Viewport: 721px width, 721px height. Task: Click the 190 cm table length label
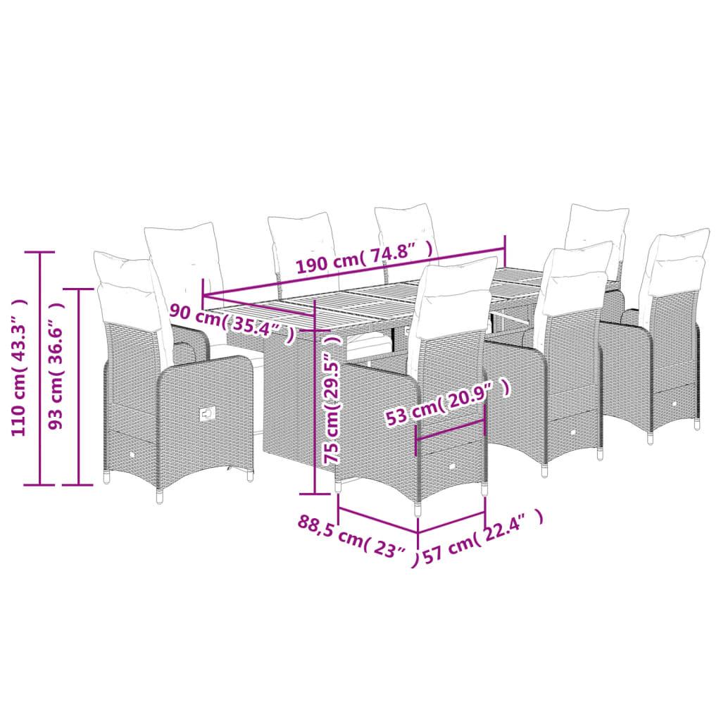coord(364,258)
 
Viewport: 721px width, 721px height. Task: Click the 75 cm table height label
coord(332,399)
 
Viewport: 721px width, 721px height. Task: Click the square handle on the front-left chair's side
coord(208,413)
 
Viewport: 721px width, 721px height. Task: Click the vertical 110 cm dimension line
coord(40,368)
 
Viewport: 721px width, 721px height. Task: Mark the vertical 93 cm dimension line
coord(79,387)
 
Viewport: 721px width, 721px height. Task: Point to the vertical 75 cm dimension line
coord(315,397)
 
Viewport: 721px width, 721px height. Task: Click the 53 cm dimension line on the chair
coord(450,430)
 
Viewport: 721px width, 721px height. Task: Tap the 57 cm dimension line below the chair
coord(451,522)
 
